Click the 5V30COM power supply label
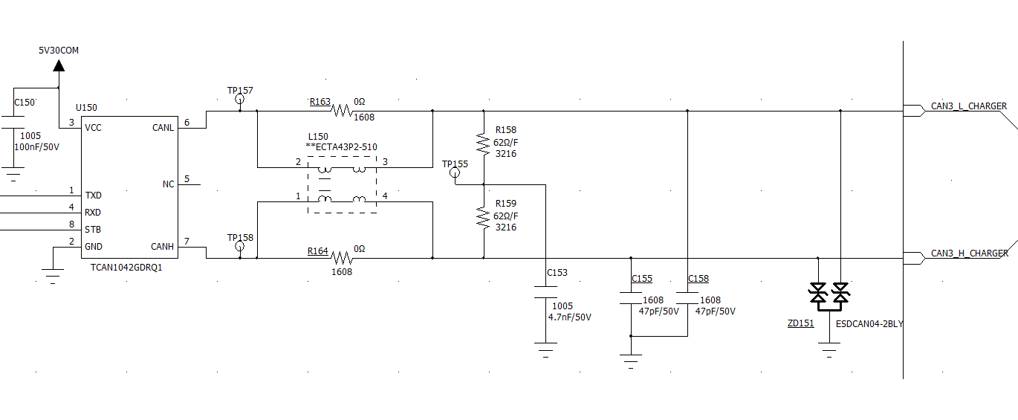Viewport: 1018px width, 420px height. [59, 51]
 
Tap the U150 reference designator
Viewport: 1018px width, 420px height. [86, 108]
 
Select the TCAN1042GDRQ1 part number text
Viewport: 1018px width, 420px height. [126, 268]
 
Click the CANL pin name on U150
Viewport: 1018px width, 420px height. [163, 128]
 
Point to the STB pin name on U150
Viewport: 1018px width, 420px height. [93, 230]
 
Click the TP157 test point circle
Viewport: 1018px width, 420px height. [240, 99]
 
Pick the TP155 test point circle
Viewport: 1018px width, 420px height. [455, 172]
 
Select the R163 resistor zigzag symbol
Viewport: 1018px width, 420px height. [342, 111]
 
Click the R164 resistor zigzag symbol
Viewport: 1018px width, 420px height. [342, 258]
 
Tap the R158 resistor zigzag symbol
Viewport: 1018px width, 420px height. [484, 143]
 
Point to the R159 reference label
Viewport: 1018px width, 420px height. [506, 204]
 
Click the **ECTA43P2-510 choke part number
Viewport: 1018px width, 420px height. [342, 147]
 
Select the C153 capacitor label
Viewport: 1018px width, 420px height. [557, 273]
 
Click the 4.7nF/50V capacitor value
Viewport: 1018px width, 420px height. [570, 317]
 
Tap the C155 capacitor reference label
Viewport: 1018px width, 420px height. [642, 279]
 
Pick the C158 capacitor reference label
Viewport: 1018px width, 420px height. [698, 279]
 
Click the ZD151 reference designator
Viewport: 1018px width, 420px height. [801, 323]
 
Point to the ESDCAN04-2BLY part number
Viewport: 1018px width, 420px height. [869, 324]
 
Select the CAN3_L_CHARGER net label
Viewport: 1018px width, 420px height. [969, 106]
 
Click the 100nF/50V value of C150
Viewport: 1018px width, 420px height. [37, 147]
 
